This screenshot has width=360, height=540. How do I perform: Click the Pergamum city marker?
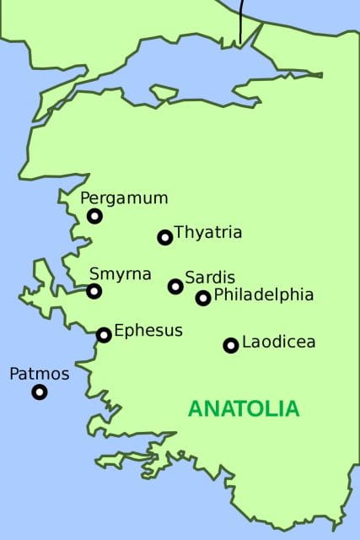click(94, 216)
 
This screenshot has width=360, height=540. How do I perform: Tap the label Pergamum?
click(124, 198)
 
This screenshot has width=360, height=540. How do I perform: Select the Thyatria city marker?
click(165, 237)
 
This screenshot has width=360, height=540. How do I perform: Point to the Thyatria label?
click(207, 233)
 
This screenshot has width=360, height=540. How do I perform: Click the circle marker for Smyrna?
click(94, 291)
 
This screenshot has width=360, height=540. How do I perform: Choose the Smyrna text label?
click(121, 274)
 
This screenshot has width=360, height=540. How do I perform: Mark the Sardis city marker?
click(175, 286)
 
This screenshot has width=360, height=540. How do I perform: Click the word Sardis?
click(210, 278)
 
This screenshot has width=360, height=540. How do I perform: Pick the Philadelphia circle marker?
click(203, 298)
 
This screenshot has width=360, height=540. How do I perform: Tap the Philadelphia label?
click(264, 295)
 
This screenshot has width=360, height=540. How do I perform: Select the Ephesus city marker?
click(104, 335)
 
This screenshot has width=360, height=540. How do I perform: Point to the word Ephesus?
click(148, 331)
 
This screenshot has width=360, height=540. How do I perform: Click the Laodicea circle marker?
click(230, 345)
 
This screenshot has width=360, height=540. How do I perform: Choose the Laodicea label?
click(278, 343)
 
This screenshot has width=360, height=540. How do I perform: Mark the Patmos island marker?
click(40, 391)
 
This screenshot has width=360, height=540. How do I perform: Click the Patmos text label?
click(40, 373)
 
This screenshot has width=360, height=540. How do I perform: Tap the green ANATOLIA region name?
click(243, 409)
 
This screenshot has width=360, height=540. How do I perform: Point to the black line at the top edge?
click(240, 21)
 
